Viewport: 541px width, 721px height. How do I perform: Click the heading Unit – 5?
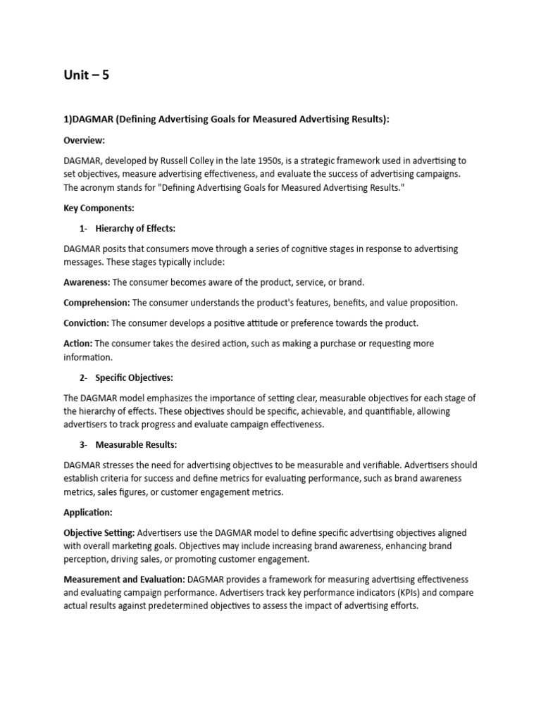click(87, 75)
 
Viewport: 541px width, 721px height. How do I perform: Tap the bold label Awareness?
click(87, 282)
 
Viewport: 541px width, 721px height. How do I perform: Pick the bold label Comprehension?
click(97, 303)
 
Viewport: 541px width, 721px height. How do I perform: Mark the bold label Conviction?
click(86, 323)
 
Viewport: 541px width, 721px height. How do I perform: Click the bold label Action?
click(77, 344)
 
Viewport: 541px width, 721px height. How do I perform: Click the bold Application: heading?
click(88, 513)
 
